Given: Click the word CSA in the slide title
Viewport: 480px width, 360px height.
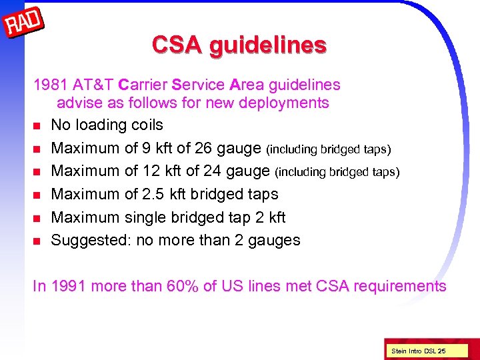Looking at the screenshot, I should pyautogui.click(x=177, y=45).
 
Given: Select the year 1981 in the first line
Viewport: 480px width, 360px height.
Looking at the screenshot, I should pyautogui.click(x=50, y=85).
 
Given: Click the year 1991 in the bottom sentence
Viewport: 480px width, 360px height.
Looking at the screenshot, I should pyautogui.click(x=69, y=287).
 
